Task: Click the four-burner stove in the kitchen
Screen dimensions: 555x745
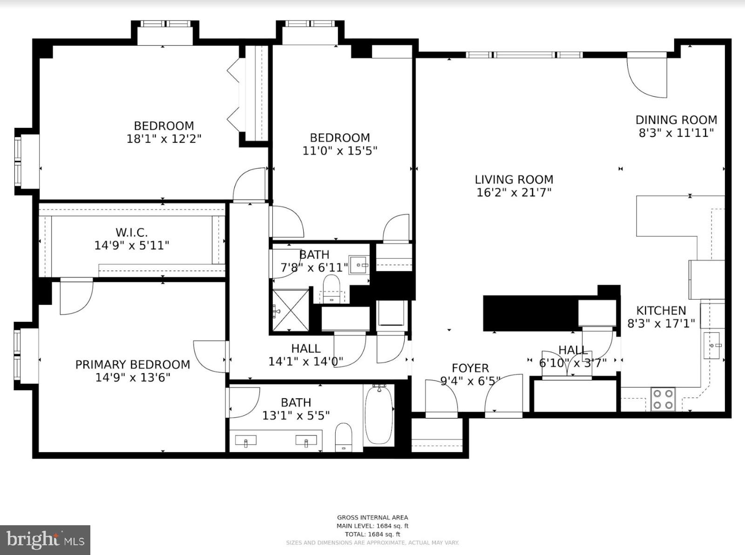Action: click(x=664, y=399)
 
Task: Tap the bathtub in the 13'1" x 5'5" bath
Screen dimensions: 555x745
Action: click(x=379, y=415)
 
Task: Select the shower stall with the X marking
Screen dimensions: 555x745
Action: click(x=291, y=310)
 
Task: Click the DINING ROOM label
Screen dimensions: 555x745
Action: click(x=676, y=120)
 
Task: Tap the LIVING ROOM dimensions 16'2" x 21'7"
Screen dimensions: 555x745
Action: click(x=514, y=193)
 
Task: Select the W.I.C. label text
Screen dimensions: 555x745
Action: click(x=132, y=232)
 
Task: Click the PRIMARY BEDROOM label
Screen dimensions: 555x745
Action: click(x=133, y=364)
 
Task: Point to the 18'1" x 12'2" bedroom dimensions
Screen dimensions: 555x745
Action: click(x=163, y=139)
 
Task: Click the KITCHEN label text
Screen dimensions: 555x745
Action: click(x=661, y=310)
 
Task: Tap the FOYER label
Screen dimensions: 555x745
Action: click(x=470, y=368)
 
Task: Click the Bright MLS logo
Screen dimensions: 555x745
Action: click(x=45, y=540)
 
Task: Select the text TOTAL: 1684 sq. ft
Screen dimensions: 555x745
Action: click(x=372, y=534)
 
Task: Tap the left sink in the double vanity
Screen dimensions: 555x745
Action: click(x=245, y=440)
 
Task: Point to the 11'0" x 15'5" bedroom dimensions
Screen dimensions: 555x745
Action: click(x=339, y=151)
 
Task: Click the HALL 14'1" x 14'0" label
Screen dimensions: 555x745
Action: click(x=305, y=354)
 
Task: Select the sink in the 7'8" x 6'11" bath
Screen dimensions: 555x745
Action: click(x=359, y=265)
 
